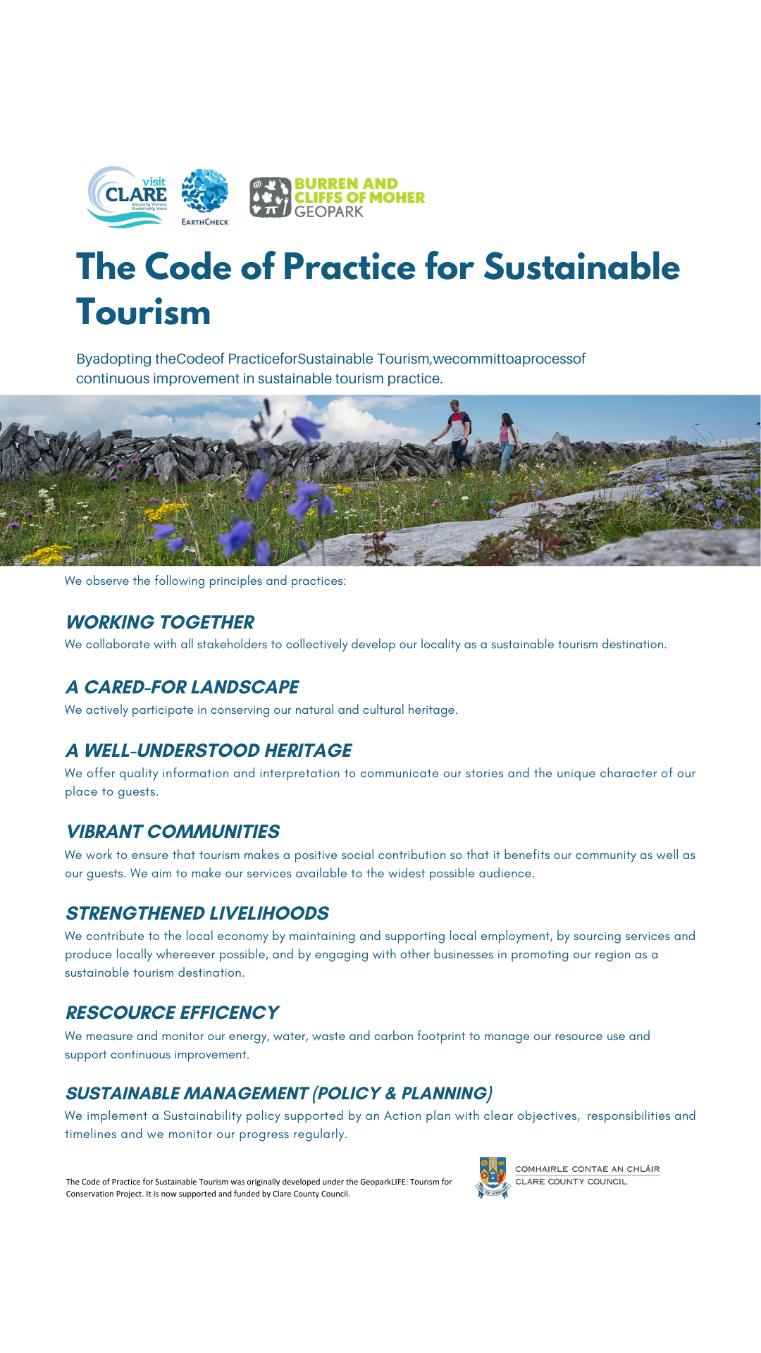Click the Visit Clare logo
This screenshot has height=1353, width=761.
click(x=128, y=197)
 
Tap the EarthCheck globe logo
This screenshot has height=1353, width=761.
click(x=205, y=196)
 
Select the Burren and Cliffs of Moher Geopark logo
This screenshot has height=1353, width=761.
click(x=338, y=197)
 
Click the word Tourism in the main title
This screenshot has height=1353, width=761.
click(x=144, y=312)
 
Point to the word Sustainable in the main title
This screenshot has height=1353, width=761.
click(x=581, y=267)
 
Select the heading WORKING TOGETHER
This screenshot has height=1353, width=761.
click(x=160, y=622)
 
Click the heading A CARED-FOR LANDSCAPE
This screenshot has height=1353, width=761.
click(x=182, y=687)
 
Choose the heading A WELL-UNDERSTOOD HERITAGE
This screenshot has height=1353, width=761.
click(x=209, y=750)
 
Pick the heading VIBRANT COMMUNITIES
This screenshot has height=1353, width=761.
click(x=173, y=832)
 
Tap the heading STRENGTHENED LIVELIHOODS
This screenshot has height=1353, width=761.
click(x=197, y=913)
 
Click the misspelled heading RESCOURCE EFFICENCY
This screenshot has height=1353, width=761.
click(x=173, y=1013)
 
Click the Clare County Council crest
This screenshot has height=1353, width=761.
click(x=493, y=1177)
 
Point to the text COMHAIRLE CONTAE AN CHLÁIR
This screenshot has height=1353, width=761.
click(x=587, y=1169)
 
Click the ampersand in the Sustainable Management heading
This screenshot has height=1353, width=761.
click(x=391, y=1093)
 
